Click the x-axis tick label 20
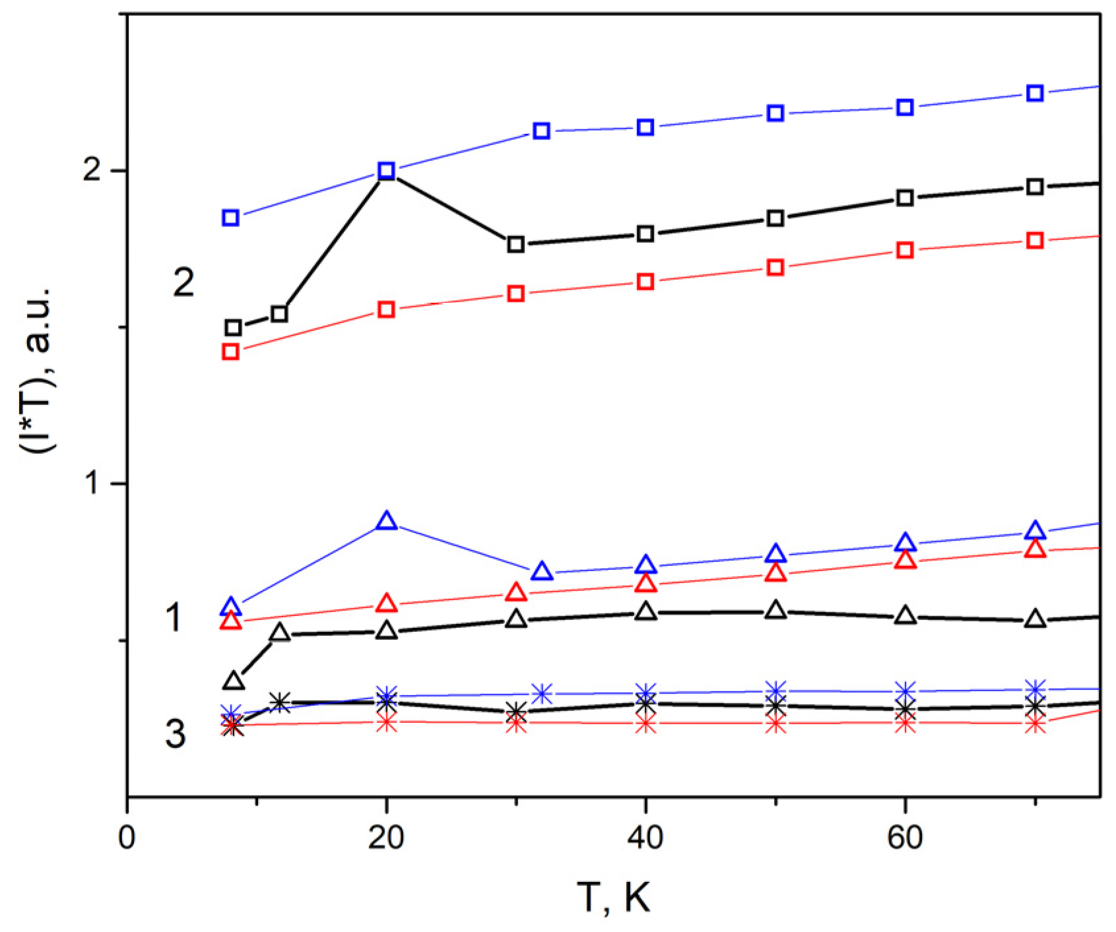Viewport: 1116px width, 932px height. (386, 837)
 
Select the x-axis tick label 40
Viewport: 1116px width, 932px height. (645, 837)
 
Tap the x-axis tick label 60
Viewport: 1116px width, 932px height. (905, 837)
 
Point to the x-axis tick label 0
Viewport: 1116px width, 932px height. (127, 837)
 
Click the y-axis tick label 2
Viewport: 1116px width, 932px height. (92, 170)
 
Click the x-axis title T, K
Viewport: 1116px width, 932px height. (613, 897)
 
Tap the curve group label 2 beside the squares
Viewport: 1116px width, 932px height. (183, 282)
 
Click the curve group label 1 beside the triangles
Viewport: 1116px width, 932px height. (174, 618)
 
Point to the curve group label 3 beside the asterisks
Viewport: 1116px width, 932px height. (175, 733)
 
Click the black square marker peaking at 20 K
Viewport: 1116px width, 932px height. (387, 171)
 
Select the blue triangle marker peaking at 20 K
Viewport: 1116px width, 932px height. (387, 521)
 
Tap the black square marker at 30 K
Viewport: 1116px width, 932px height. (516, 244)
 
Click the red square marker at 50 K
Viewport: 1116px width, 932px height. (775, 267)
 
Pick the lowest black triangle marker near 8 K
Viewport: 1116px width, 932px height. (234, 681)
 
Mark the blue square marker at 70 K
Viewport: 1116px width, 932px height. (1035, 93)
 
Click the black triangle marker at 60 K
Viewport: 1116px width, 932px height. (905, 616)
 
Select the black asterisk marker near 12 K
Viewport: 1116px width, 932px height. (280, 702)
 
